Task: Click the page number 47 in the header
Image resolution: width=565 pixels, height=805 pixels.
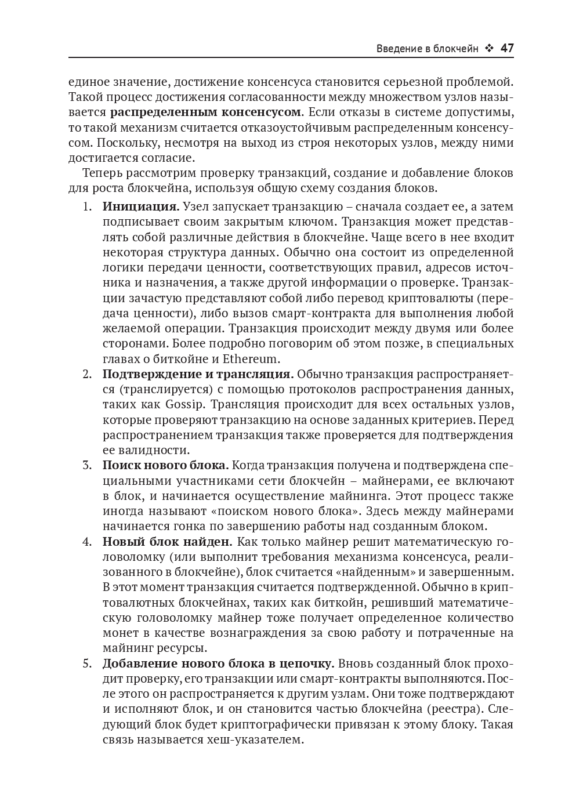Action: (506, 48)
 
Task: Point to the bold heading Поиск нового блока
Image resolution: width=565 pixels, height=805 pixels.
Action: (165, 465)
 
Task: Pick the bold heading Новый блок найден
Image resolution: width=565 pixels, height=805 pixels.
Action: (167, 542)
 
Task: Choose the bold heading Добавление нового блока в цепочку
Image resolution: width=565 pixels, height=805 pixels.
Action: (218, 663)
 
